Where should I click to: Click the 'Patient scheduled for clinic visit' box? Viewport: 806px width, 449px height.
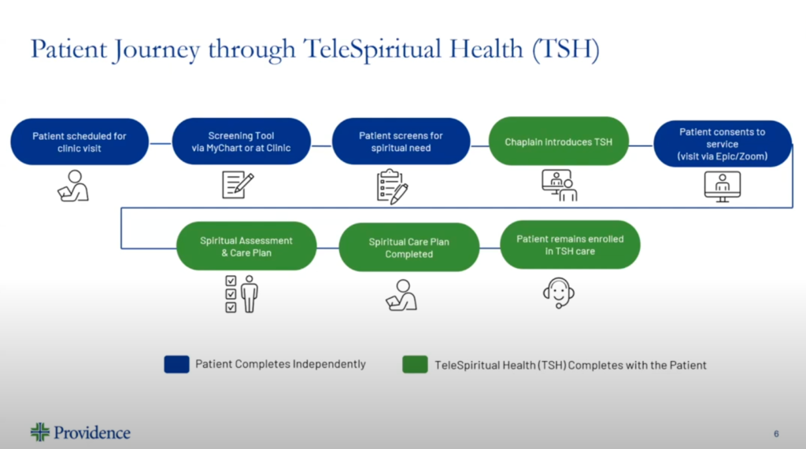click(x=79, y=142)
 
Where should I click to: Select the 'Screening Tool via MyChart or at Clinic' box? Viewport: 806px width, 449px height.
click(x=241, y=142)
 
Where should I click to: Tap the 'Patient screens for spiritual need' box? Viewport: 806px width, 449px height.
click(x=401, y=142)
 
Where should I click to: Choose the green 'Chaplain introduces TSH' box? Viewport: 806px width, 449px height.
click(x=559, y=142)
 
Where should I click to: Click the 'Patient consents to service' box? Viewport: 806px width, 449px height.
click(x=723, y=144)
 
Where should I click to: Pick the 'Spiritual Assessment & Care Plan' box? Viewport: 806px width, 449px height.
click(x=246, y=246)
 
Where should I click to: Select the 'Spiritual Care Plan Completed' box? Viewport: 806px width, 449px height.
click(x=409, y=247)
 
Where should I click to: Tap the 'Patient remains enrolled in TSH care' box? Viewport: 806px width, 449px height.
click(x=570, y=245)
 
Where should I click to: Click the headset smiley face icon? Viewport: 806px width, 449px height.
click(x=559, y=293)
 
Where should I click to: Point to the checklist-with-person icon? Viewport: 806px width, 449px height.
click(x=242, y=294)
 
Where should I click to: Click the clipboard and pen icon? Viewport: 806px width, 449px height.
click(x=392, y=186)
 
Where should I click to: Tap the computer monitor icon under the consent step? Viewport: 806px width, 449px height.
click(x=723, y=186)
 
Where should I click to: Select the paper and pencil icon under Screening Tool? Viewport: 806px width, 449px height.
click(x=238, y=185)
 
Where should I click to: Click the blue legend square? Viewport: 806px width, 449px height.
click(x=177, y=364)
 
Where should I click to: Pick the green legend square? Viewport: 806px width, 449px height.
click(x=416, y=364)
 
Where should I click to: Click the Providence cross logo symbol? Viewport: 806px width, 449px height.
click(x=40, y=432)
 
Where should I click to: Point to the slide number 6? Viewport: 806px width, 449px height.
click(x=776, y=434)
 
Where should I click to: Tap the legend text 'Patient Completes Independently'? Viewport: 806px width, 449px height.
click(x=280, y=364)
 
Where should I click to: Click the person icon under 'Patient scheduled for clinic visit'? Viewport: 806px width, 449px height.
click(x=73, y=186)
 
